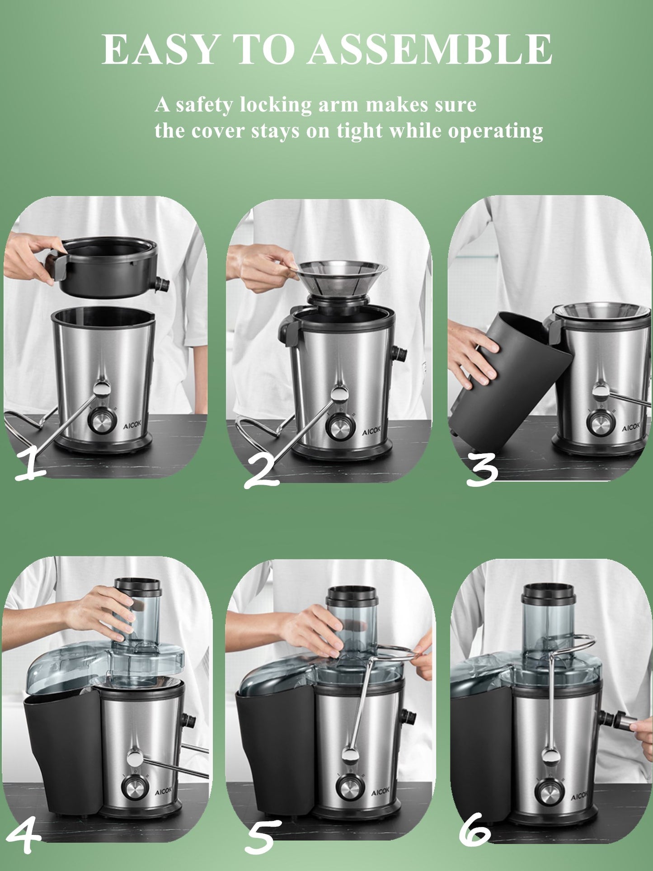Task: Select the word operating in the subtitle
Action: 495,132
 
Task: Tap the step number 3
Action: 482,470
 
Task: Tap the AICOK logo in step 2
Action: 371,432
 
